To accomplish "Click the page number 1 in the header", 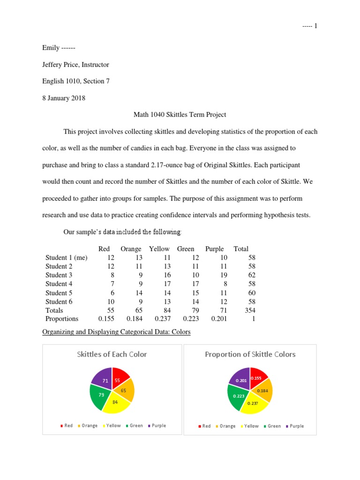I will pos(316,26).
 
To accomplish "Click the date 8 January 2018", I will pos(64,98).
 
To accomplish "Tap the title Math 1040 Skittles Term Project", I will pos(180,115).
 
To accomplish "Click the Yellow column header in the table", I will pos(159,249).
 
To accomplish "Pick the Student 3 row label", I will pos(59,275).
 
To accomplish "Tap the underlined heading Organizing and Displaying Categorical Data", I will pos(117,332).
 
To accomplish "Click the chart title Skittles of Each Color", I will pos(112,354).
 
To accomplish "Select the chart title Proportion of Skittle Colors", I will pos(250,354).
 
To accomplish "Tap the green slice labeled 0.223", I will pos(240,396).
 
